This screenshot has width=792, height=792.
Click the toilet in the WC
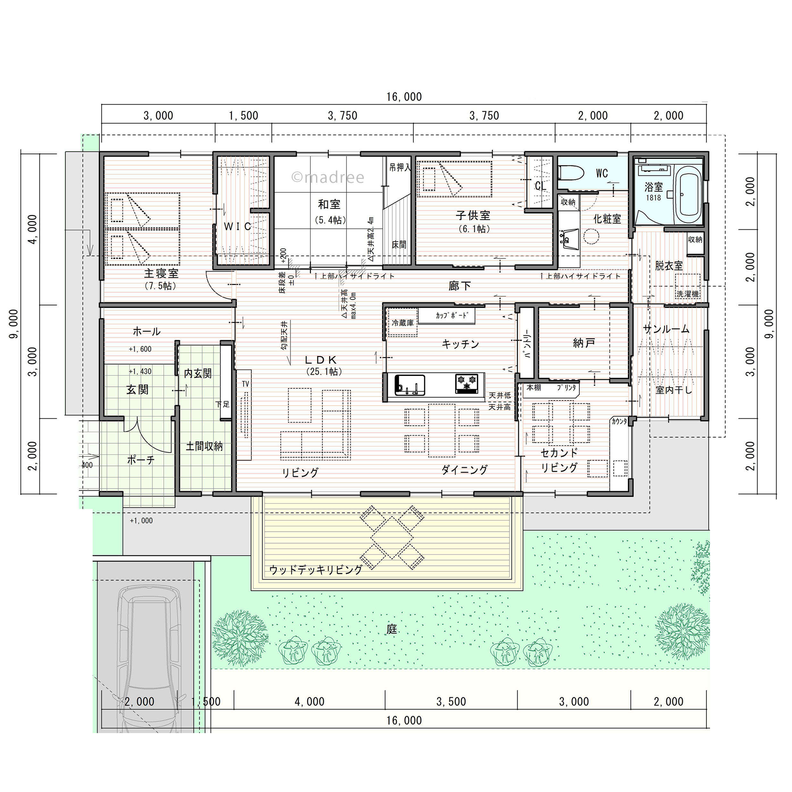click(571, 172)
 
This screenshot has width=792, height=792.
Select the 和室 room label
click(329, 204)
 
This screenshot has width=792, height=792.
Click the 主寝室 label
click(161, 273)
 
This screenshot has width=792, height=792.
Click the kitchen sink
click(410, 385)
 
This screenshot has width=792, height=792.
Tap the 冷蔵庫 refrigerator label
click(403, 323)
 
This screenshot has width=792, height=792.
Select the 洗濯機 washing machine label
click(688, 294)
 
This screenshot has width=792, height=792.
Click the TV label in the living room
click(246, 384)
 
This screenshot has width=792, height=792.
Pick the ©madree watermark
click(328, 177)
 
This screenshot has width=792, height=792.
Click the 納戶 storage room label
click(584, 343)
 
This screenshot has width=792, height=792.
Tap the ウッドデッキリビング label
click(316, 570)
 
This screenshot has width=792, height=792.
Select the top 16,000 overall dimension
click(404, 97)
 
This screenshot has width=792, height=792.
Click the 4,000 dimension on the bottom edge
click(310, 701)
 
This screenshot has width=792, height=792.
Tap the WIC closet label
click(238, 226)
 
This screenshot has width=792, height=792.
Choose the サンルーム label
click(666, 329)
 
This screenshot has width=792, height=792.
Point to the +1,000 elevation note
click(141, 521)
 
